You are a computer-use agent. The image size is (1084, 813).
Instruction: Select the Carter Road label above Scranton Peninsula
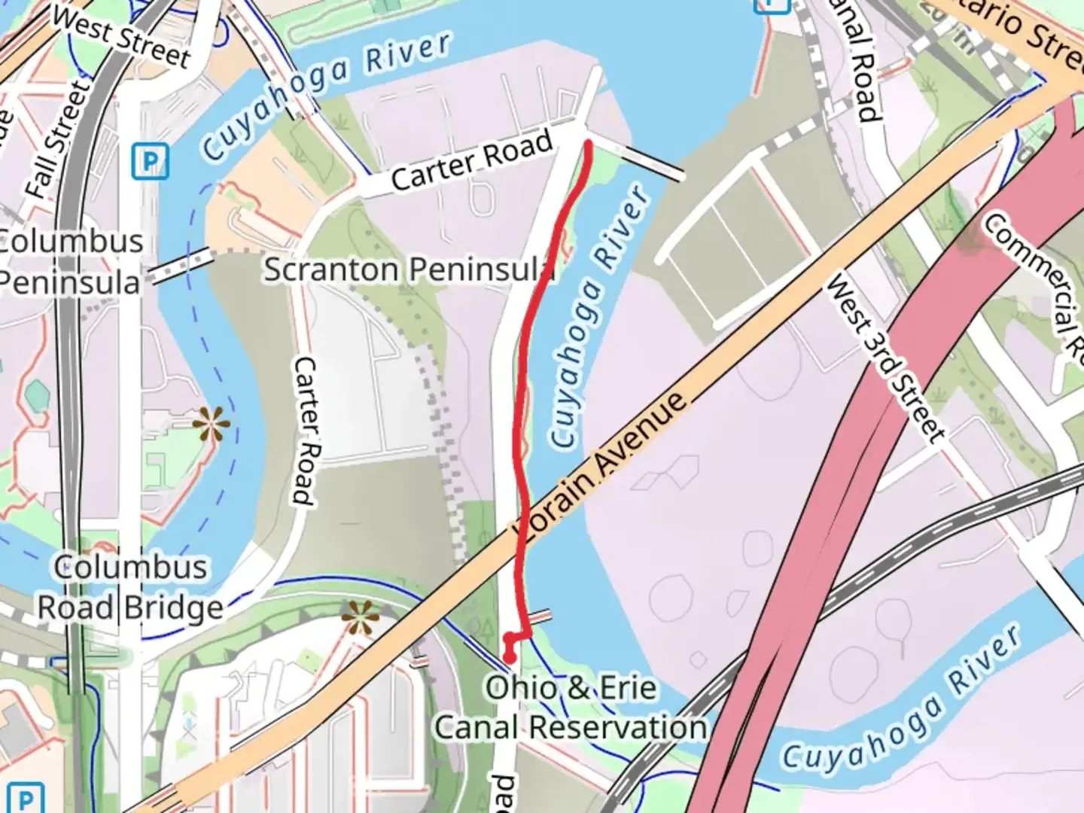472,160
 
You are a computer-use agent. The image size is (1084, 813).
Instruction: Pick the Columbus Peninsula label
69,262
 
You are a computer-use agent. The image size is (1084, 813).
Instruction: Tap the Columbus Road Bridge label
130,587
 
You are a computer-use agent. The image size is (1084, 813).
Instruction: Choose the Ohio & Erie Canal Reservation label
571,708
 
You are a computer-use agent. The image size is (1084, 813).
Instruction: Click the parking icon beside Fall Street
150,162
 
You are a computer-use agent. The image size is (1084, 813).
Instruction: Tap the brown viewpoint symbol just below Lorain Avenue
361,619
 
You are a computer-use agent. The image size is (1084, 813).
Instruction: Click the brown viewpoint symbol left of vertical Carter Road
211,424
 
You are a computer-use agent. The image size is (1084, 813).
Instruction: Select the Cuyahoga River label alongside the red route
600,316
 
